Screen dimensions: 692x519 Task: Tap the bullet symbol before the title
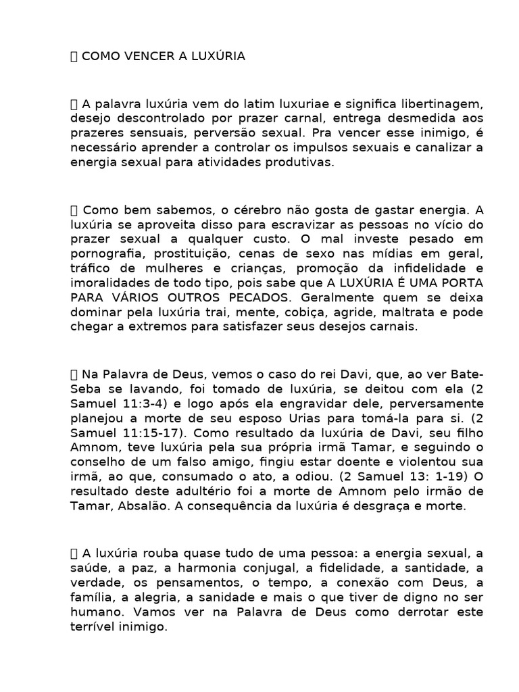[x=74, y=57]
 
